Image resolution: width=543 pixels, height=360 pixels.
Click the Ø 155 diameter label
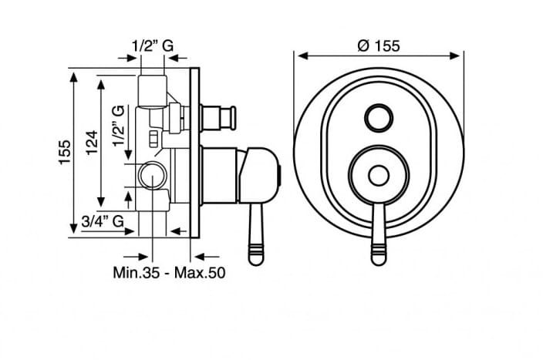(x=379, y=45)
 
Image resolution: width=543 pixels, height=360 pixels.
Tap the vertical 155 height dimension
(x=65, y=152)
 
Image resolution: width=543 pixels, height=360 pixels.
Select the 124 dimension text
(x=92, y=143)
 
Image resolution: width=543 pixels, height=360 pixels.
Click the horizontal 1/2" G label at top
(x=153, y=45)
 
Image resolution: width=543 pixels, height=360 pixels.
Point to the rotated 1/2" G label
(x=118, y=126)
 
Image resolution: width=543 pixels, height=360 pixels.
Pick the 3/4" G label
(x=103, y=220)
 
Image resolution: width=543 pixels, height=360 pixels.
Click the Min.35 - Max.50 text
(x=169, y=272)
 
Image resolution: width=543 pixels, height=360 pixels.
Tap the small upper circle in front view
(x=379, y=118)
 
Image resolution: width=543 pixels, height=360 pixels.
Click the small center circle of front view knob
(x=379, y=176)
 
